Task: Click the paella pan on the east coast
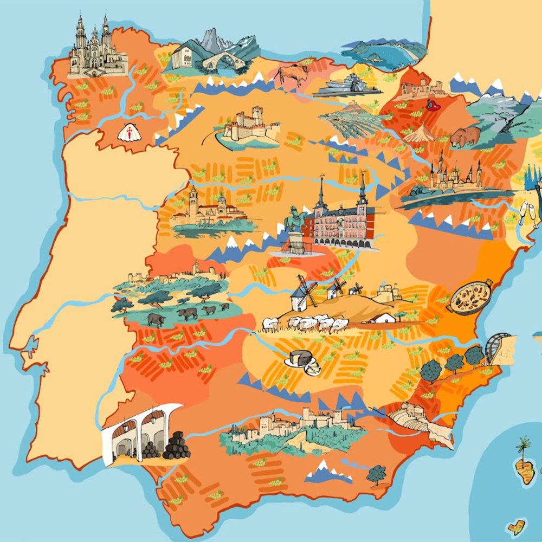pos(469,297)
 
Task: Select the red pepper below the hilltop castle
pos(433,106)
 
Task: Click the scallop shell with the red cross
pos(129,132)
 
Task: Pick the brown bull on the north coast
pos(293,74)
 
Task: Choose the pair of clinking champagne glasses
pos(528,212)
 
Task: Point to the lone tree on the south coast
pos(376,474)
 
